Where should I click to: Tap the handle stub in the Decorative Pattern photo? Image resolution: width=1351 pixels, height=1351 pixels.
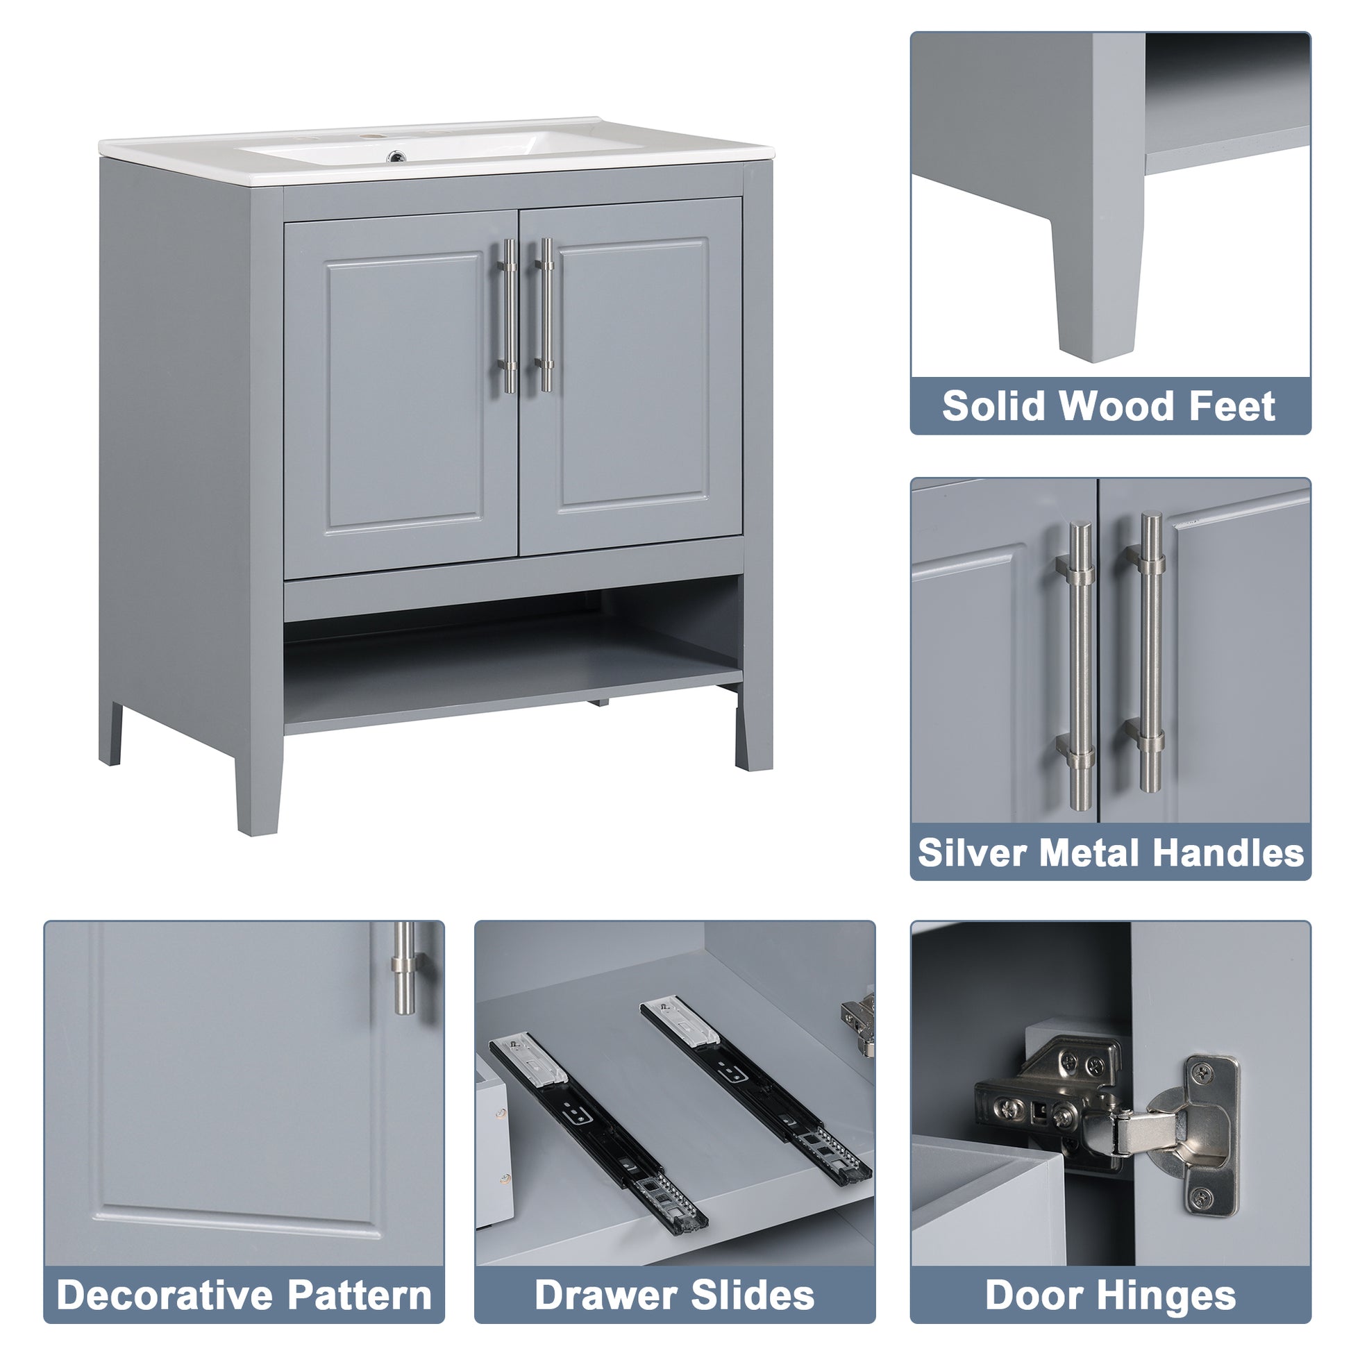[404, 968]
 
